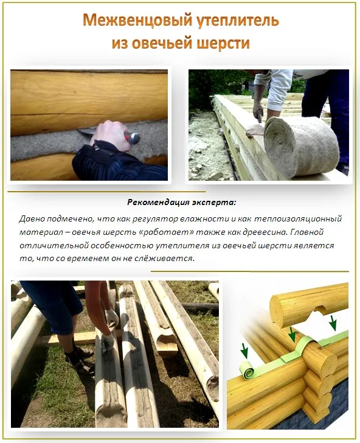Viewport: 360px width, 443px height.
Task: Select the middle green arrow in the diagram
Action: (292, 334)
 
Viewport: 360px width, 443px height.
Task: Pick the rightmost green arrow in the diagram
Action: (333, 321)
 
